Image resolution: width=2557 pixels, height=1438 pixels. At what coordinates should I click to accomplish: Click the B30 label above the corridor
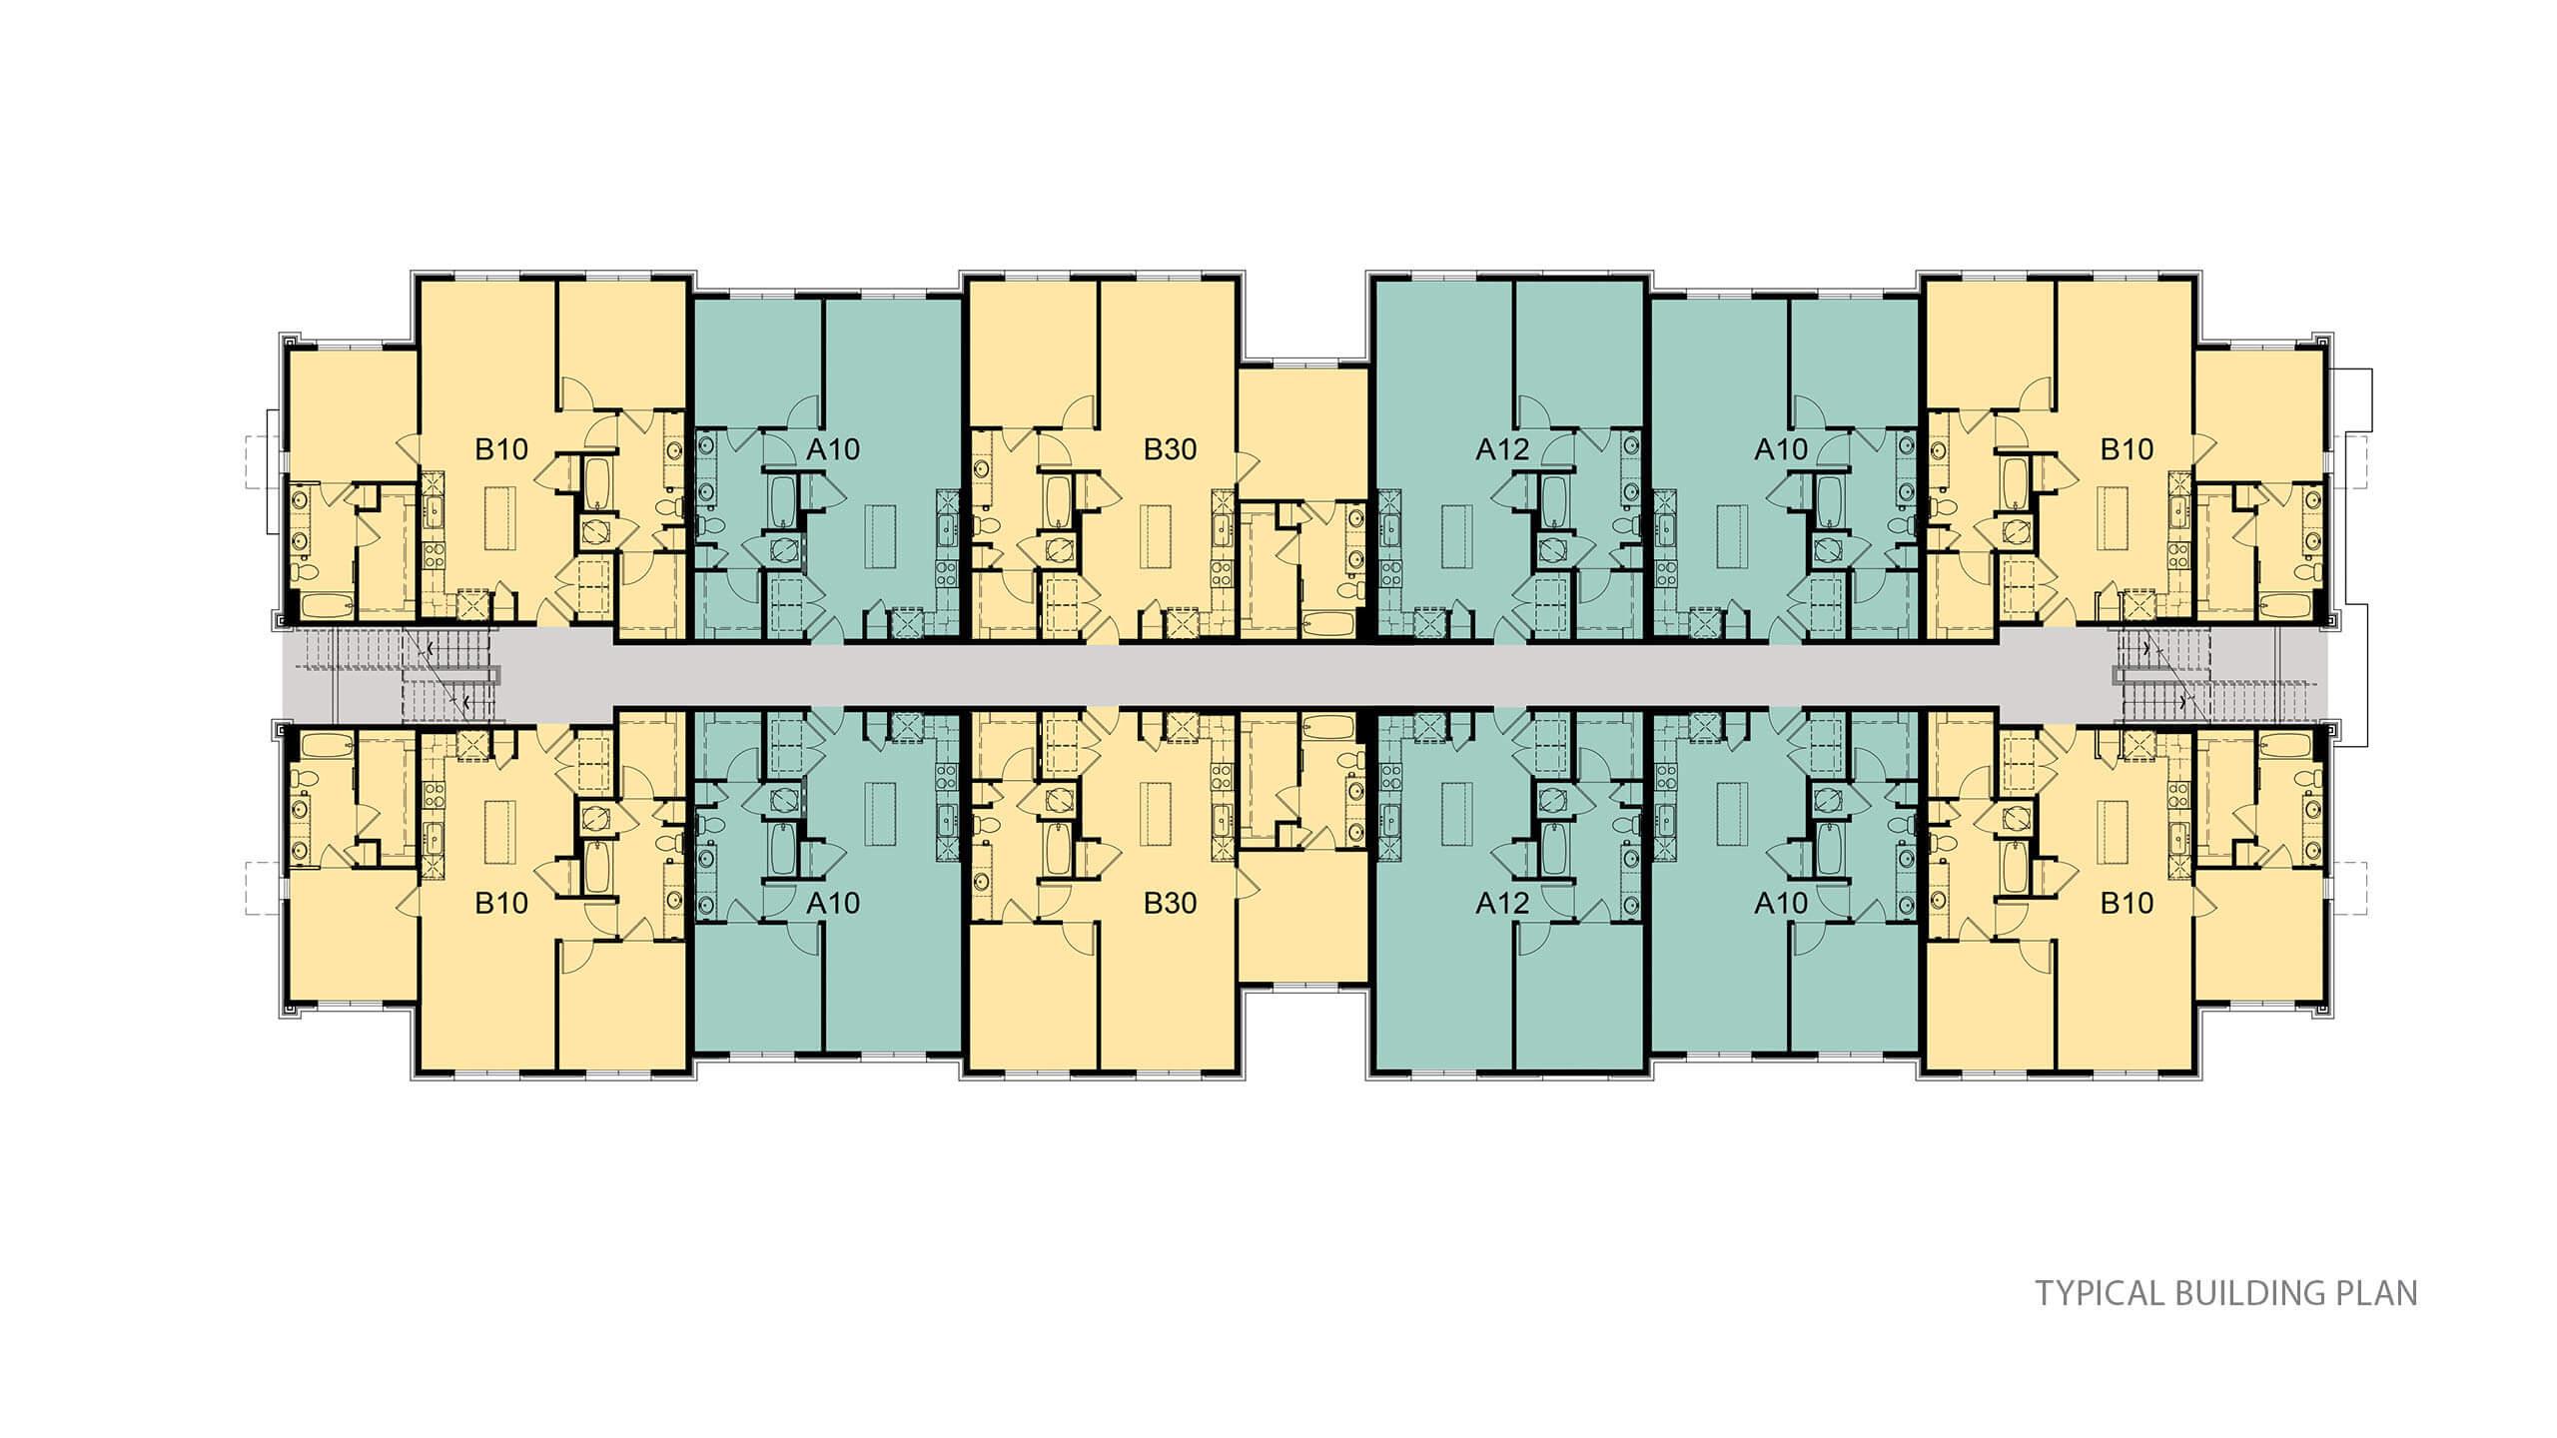[1170, 449]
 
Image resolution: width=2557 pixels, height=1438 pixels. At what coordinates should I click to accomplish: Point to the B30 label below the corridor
[1170, 904]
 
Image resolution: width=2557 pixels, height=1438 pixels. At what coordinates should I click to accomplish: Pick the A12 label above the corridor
[1502, 449]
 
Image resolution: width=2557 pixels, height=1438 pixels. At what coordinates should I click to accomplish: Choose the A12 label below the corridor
[1502, 904]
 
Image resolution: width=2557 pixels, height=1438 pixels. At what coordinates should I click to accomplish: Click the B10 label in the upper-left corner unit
[500, 449]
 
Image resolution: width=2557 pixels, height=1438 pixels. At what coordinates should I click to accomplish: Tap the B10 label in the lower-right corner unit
[2127, 904]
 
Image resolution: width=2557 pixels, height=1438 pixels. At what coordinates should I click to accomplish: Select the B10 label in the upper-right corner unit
[2127, 449]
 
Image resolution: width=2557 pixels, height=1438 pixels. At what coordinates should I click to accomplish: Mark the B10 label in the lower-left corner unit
[500, 904]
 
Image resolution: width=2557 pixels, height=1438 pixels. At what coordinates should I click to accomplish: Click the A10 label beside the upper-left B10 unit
[833, 449]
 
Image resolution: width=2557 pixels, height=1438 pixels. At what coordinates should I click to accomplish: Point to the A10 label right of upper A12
[1781, 449]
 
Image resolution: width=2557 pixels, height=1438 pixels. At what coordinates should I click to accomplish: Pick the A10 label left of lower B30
[833, 904]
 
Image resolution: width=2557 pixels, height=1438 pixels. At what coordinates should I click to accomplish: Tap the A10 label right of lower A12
[1781, 904]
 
